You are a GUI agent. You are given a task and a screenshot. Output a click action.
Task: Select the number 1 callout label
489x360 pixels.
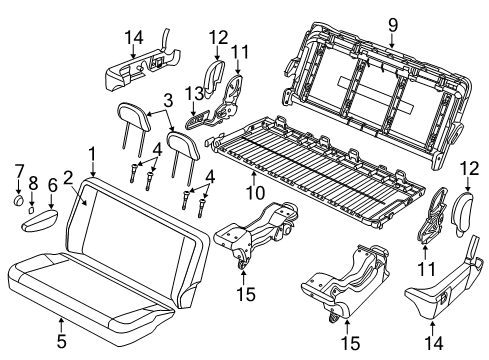(x=91, y=154)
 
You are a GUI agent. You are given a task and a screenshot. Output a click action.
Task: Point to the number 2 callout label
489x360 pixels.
(x=69, y=178)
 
